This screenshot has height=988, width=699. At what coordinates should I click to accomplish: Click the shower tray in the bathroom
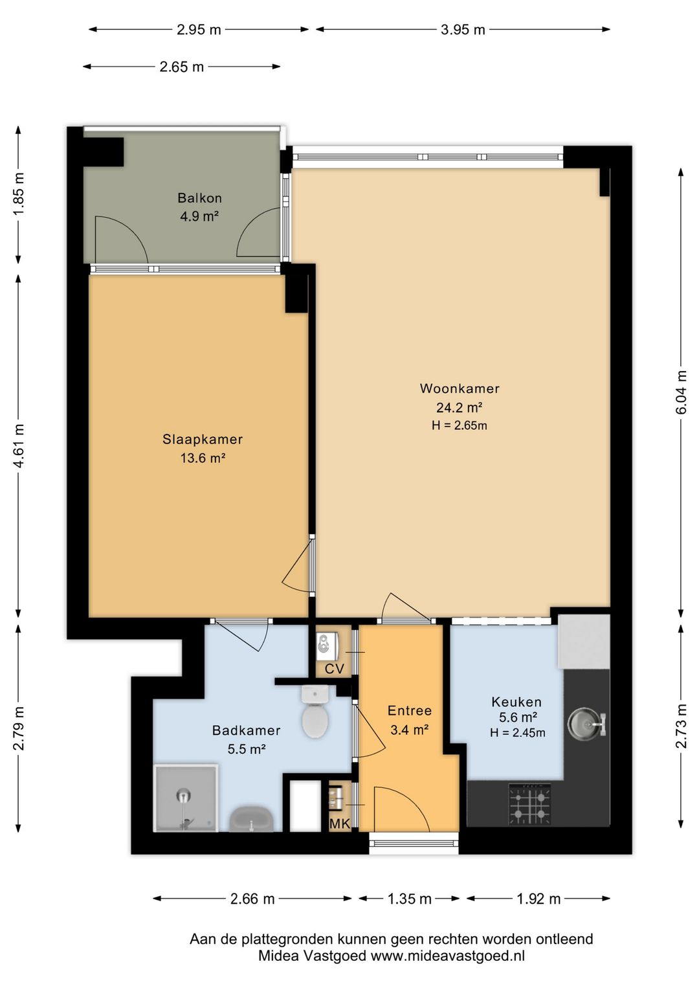(x=186, y=798)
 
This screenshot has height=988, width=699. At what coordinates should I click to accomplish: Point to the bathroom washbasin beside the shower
(x=251, y=819)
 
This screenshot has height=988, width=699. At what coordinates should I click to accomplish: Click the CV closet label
(x=334, y=669)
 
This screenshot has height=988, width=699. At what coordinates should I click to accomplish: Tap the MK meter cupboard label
(x=340, y=823)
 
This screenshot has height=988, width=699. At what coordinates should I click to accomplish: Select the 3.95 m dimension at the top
(x=463, y=30)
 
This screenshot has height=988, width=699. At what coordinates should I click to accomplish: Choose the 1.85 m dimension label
(x=18, y=194)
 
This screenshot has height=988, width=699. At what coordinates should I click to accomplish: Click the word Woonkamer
(x=460, y=388)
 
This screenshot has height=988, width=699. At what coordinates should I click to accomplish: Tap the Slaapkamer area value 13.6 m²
(x=203, y=458)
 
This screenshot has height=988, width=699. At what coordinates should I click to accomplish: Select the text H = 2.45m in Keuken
(x=517, y=733)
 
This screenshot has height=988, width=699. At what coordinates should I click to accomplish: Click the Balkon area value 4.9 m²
(x=199, y=216)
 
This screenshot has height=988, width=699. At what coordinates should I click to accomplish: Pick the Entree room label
(x=409, y=710)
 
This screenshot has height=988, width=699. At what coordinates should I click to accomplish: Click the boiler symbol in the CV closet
(x=327, y=646)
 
